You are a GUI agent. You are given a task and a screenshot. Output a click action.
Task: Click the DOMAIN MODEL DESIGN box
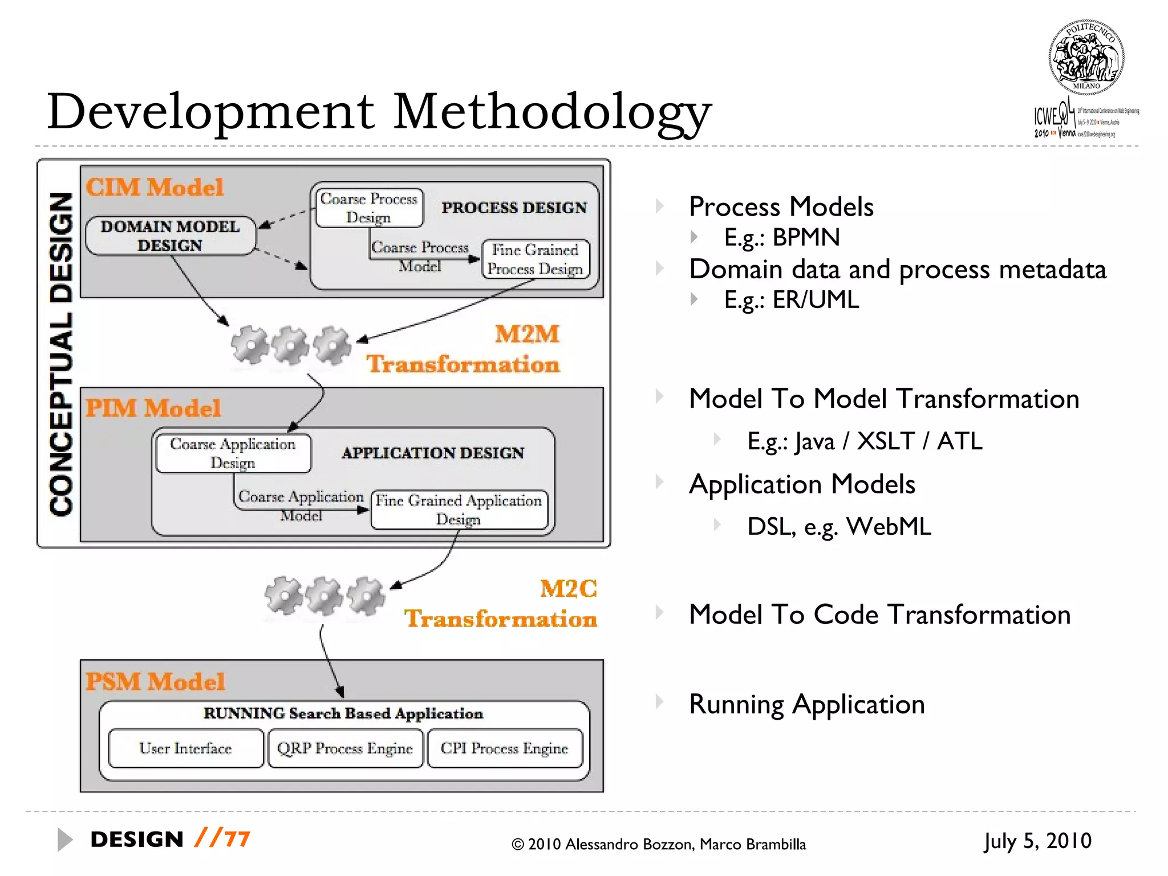coord(171,236)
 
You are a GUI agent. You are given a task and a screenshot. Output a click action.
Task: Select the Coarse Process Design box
coord(369,208)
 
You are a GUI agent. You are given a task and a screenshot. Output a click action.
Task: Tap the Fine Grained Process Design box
coord(536,259)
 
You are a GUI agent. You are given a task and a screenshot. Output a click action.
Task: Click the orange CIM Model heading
coord(155,187)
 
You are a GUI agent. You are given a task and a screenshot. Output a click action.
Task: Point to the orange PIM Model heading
coord(153,408)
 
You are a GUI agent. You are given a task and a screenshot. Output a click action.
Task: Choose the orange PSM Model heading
coord(155,682)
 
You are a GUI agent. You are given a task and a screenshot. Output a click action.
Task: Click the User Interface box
coord(185,748)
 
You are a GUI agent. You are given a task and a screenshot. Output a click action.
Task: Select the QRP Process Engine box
coord(345,748)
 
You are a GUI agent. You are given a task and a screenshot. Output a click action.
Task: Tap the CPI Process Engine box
coord(505,748)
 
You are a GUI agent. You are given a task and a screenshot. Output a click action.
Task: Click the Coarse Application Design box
coord(233,453)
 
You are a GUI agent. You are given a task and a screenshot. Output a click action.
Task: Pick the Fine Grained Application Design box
coord(459,510)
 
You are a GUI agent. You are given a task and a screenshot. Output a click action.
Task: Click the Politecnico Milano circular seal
coord(1086,57)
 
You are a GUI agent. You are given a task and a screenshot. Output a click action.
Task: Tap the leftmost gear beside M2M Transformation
coord(250,344)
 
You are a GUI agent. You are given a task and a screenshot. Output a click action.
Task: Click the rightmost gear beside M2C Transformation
coord(366,596)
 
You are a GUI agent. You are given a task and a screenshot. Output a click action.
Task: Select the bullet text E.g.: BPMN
coord(781,237)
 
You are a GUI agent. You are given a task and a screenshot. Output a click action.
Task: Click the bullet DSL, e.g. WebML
coord(838,526)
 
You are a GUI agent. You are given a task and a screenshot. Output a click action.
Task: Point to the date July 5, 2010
coord(1037,841)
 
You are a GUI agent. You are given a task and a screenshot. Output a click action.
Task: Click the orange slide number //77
coord(222,838)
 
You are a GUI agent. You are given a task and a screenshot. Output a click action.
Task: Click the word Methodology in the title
coord(552,111)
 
